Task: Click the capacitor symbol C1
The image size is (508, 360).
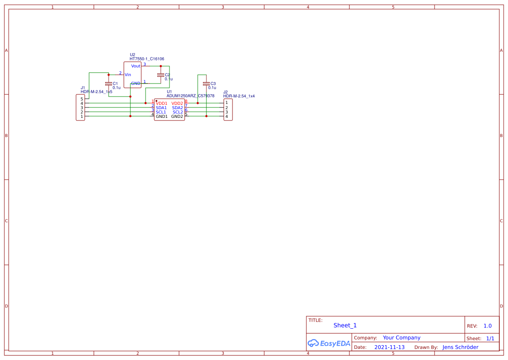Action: pyautogui.click(x=109, y=83)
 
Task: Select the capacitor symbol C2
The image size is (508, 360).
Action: pyautogui.click(x=161, y=75)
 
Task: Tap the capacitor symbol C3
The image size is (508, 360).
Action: pyautogui.click(x=206, y=83)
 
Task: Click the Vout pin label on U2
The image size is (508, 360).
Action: pyautogui.click(x=136, y=66)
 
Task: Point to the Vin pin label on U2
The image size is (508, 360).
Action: pyautogui.click(x=128, y=75)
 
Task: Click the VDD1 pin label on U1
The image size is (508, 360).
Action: pyautogui.click(x=161, y=103)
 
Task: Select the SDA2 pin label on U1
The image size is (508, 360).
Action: pyautogui.click(x=177, y=108)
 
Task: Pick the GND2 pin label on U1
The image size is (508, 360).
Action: pyautogui.click(x=177, y=117)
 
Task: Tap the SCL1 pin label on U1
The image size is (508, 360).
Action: pyautogui.click(x=161, y=112)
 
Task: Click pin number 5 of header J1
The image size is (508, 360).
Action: pyautogui.click(x=81, y=99)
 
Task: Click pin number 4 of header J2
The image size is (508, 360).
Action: pyautogui.click(x=226, y=117)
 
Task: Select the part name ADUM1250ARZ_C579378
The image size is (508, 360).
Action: pyautogui.click(x=190, y=96)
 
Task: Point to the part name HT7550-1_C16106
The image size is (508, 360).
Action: pyautogui.click(x=146, y=59)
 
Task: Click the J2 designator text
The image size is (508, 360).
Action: pyautogui.click(x=225, y=92)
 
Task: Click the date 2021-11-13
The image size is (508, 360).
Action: pyautogui.click(x=389, y=347)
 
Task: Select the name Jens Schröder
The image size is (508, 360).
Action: pyautogui.click(x=460, y=347)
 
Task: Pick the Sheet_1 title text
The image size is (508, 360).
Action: pyautogui.click(x=345, y=325)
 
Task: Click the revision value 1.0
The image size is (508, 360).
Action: pyautogui.click(x=488, y=326)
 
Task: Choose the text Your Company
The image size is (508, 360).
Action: pyautogui.click(x=402, y=338)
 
